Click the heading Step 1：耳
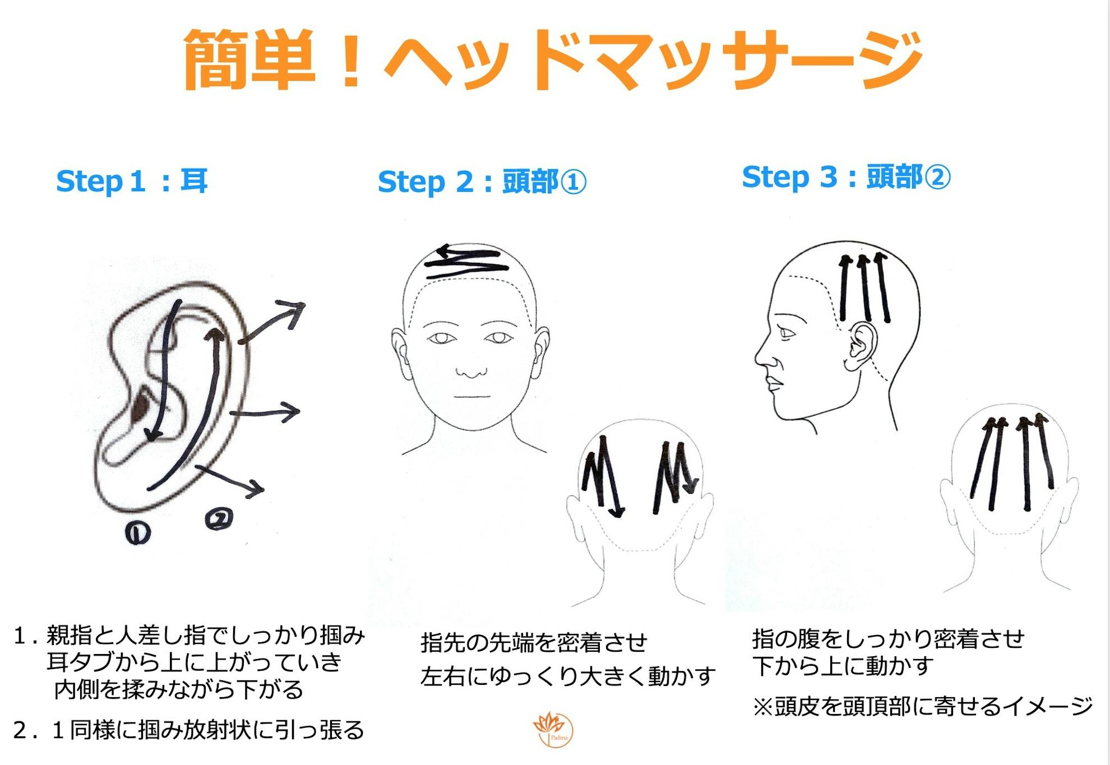click(132, 181)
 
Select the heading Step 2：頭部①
click(482, 182)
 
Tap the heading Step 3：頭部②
click(846, 177)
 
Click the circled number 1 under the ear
click(137, 533)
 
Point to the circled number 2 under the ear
click(219, 519)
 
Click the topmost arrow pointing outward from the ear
click(272, 322)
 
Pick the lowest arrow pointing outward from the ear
click(230, 480)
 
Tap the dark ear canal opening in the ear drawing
click(139, 409)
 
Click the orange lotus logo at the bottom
click(553, 729)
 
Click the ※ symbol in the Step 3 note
click(763, 707)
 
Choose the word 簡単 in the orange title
click(249, 59)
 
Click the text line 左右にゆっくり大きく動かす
click(568, 676)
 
